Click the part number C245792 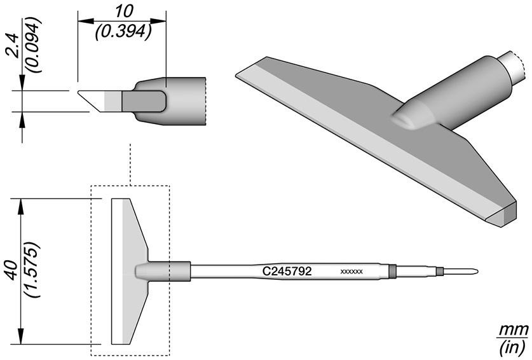(x=287, y=271)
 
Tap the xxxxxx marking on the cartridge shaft (x=351, y=272)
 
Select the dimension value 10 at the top (x=123, y=12)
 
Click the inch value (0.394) (x=123, y=32)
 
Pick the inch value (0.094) (x=34, y=45)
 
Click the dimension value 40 (x=13, y=270)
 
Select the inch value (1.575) (x=33, y=270)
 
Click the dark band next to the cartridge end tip (x=440, y=272)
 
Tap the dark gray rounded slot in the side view (x=144, y=101)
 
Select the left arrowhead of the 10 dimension (x=86, y=21)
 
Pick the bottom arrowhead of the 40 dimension (x=22, y=336)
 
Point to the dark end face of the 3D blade (x=510, y=213)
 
